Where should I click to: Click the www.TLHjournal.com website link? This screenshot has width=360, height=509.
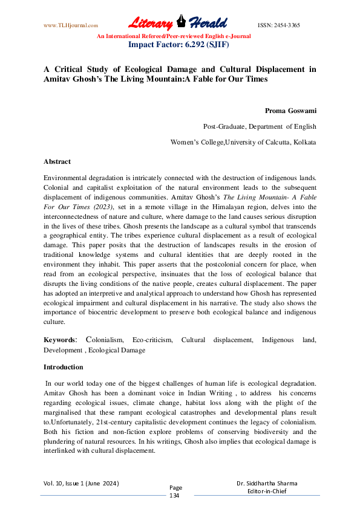pyautogui.click(x=71, y=25)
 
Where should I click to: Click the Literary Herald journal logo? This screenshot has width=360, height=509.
pyautogui.click(x=177, y=24)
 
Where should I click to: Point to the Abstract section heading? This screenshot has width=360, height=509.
pyautogui.click(x=57, y=161)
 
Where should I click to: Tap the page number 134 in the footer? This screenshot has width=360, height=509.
pyautogui.click(x=175, y=495)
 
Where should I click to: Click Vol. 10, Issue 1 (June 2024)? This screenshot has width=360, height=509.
pyautogui.click(x=80, y=484)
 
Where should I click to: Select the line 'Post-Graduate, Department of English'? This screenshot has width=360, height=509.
pyautogui.click(x=260, y=126)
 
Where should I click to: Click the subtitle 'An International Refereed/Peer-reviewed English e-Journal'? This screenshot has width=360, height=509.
pyautogui.click(x=174, y=36)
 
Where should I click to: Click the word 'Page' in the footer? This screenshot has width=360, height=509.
pyautogui.click(x=175, y=487)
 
